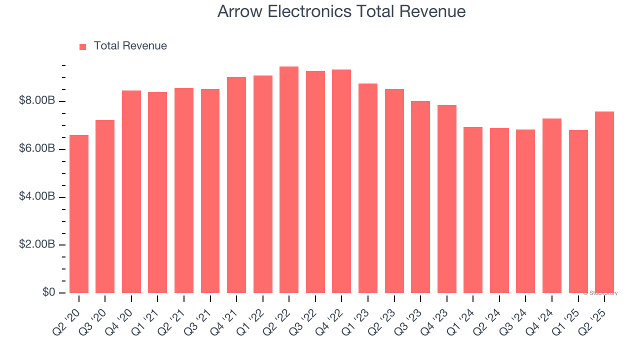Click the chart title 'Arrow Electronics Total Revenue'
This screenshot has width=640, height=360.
[x=341, y=11]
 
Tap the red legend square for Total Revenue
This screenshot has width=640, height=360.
[x=83, y=46]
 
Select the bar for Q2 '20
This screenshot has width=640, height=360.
[x=79, y=214]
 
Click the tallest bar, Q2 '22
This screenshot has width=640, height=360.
[x=289, y=180]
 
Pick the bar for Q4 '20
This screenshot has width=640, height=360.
[x=131, y=192]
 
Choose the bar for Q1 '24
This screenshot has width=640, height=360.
[x=473, y=210]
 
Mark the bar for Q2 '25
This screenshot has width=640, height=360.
[x=604, y=202]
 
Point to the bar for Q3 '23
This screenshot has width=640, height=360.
[x=420, y=197]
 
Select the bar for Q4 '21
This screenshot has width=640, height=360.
[x=236, y=185]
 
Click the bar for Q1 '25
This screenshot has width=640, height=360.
[x=578, y=211]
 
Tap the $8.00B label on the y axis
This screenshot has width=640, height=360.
[x=37, y=101]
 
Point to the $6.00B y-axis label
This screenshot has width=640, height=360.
[x=37, y=149]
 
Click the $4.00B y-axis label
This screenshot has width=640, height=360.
[x=37, y=196]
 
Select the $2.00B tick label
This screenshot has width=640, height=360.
[x=37, y=244]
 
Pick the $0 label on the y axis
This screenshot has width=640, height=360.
[x=48, y=292]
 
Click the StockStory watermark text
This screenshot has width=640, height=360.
[x=600, y=293]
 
